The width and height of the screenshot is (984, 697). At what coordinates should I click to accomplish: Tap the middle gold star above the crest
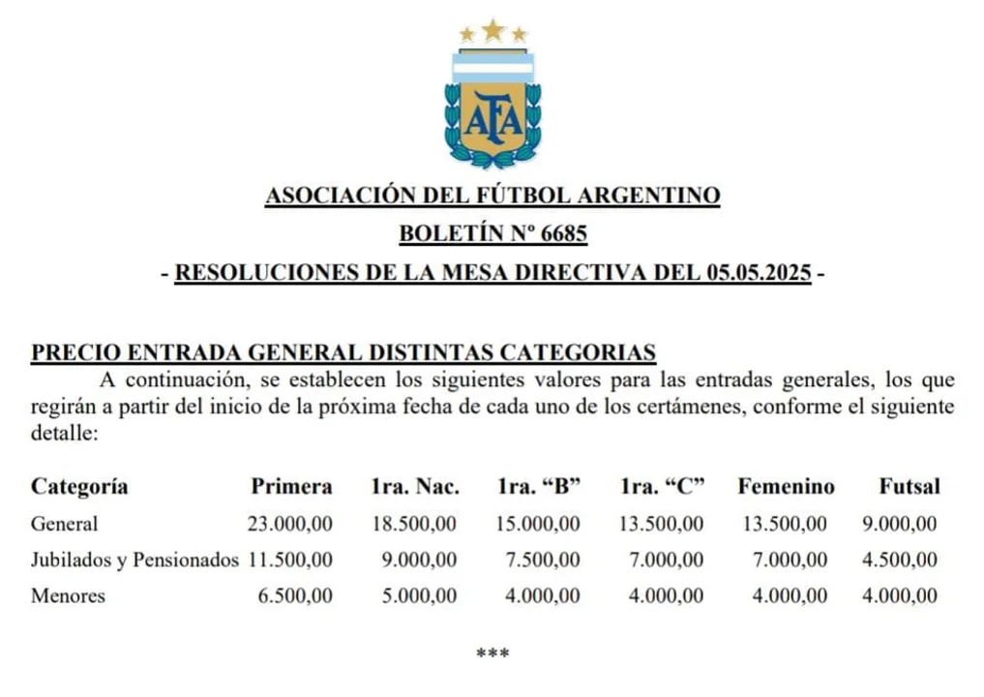click(x=493, y=30)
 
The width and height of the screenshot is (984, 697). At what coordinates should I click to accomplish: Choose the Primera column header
click(x=291, y=486)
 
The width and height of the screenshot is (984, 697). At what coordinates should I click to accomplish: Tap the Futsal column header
click(x=909, y=486)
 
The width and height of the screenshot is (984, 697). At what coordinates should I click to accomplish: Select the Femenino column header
click(x=786, y=486)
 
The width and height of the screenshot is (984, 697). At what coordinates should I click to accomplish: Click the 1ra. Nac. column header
click(x=415, y=486)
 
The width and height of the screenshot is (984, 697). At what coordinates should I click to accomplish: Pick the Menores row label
click(x=68, y=596)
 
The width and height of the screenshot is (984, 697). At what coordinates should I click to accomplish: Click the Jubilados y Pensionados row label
click(x=134, y=560)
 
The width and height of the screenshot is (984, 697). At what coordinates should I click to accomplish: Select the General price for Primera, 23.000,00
click(x=290, y=524)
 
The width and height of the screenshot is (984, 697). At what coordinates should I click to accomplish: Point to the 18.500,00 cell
click(x=414, y=524)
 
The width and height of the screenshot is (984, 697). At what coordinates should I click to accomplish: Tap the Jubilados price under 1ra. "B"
click(x=543, y=560)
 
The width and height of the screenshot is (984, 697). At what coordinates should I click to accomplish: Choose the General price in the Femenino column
click(x=785, y=524)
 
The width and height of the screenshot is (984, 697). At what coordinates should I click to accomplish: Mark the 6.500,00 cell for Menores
click(x=295, y=596)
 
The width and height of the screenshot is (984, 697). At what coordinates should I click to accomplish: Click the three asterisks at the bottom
click(x=492, y=653)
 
